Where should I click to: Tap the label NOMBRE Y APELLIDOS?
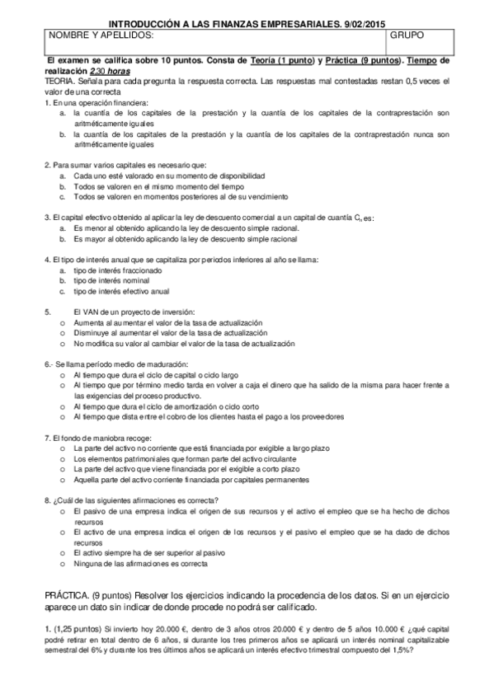coord(101,37)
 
